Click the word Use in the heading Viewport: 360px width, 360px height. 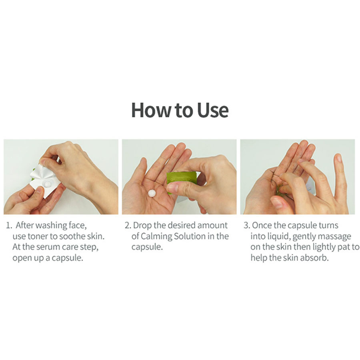click(x=213, y=110)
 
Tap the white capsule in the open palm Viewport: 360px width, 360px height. click(x=152, y=193)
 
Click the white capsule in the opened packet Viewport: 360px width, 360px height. click(x=47, y=184)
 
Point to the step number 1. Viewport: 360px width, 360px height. click(x=9, y=226)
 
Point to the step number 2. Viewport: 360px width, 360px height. click(x=128, y=226)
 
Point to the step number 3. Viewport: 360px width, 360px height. click(x=247, y=226)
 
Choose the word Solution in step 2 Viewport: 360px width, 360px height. click(x=190, y=236)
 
